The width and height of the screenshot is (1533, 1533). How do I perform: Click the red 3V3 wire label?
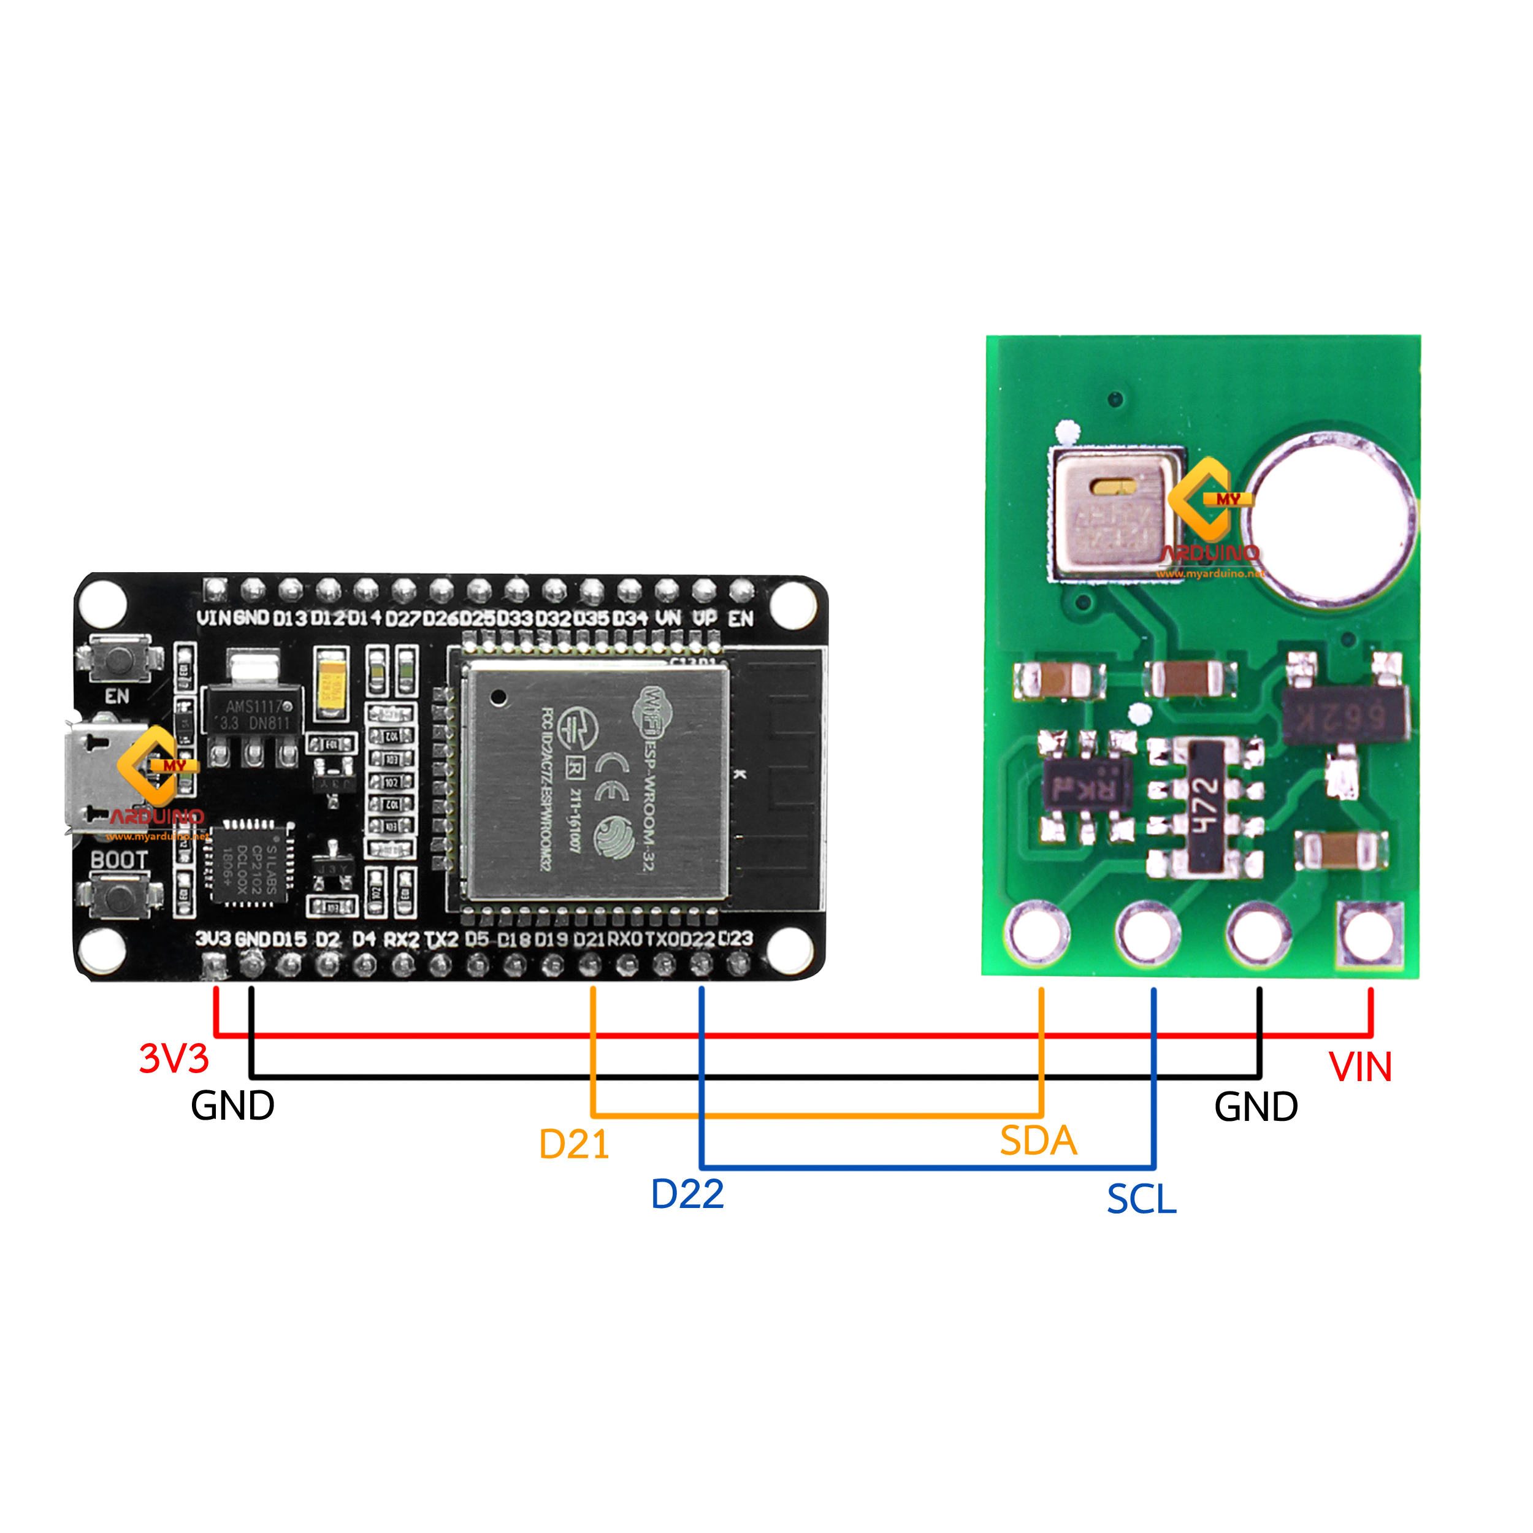(x=174, y=1058)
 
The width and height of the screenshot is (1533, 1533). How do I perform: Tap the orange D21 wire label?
(x=574, y=1144)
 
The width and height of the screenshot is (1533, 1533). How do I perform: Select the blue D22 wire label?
(x=687, y=1194)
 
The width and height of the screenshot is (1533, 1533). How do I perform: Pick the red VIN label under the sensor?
(x=1360, y=1067)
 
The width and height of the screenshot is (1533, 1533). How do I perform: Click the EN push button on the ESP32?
(x=120, y=659)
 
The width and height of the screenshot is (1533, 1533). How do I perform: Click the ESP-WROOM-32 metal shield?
(x=594, y=782)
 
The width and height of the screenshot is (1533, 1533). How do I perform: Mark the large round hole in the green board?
(x=1331, y=516)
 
